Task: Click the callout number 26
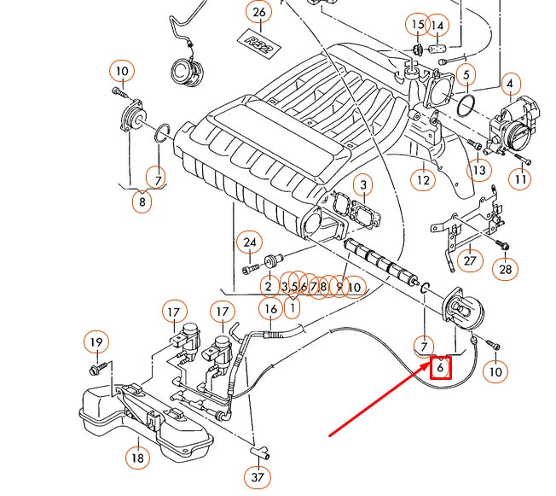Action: click(x=259, y=13)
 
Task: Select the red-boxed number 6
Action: click(x=440, y=367)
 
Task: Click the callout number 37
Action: click(x=258, y=477)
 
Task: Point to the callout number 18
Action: click(x=137, y=458)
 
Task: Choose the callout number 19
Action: click(x=96, y=342)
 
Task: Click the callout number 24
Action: click(x=250, y=242)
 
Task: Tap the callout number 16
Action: click(x=271, y=309)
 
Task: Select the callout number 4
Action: click(x=510, y=85)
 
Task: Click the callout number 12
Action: click(x=423, y=179)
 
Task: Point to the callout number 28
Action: click(x=506, y=269)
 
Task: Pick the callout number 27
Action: click(x=470, y=260)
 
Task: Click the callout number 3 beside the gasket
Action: click(x=363, y=184)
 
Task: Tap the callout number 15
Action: click(x=417, y=24)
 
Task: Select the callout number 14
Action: click(x=437, y=26)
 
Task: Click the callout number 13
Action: click(x=478, y=170)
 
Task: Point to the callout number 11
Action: click(x=520, y=178)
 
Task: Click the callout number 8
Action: click(x=142, y=201)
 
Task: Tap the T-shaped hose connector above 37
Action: click(x=260, y=452)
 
